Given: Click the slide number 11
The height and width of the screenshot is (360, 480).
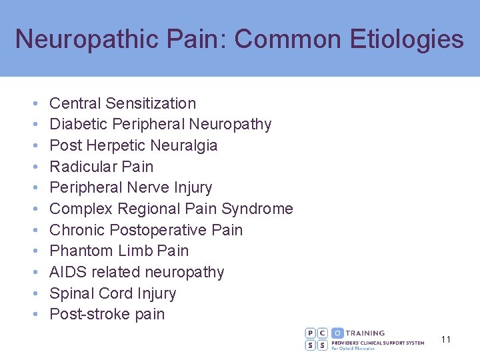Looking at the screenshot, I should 446,339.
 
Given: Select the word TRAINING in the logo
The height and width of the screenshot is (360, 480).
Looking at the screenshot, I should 366,333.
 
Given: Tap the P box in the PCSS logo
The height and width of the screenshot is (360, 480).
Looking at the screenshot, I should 311,333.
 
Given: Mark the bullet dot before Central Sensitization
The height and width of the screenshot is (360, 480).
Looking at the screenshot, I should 34,104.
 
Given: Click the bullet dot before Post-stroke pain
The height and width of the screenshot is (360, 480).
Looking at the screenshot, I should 34,315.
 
